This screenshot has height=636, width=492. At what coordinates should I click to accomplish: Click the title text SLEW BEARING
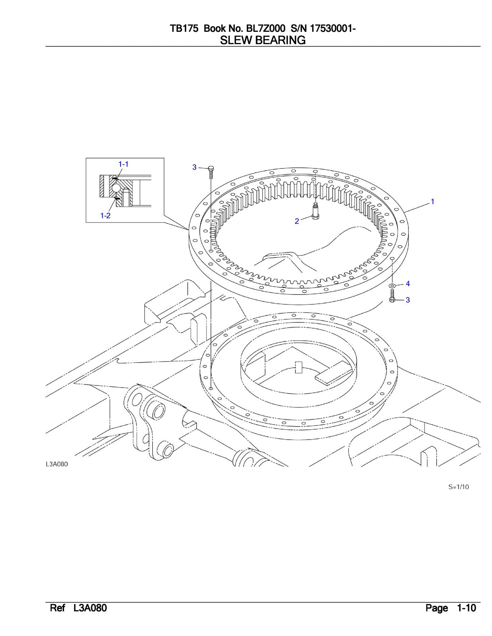click(x=263, y=40)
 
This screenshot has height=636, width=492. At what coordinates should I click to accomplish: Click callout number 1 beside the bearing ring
click(x=432, y=202)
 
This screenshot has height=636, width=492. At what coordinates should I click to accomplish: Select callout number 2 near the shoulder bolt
click(x=297, y=221)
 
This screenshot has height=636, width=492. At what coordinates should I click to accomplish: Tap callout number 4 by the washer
click(x=408, y=284)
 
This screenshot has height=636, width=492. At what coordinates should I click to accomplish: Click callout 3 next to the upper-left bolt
click(x=195, y=167)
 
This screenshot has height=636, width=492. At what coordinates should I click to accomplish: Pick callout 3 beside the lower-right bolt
click(x=408, y=300)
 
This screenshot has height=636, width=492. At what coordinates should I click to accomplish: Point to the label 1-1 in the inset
click(x=123, y=164)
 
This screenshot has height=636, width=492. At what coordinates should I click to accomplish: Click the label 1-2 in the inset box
click(x=105, y=215)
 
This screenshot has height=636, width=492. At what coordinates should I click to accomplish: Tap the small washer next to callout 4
click(x=392, y=285)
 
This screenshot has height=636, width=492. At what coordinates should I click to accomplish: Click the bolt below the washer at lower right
click(x=392, y=296)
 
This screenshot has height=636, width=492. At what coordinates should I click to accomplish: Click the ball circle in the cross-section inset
click(x=115, y=187)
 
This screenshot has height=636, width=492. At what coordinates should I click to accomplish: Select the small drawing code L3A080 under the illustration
click(x=57, y=464)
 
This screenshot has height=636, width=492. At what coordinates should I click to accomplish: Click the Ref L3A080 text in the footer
click(x=78, y=609)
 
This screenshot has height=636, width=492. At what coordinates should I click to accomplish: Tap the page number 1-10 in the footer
click(x=466, y=609)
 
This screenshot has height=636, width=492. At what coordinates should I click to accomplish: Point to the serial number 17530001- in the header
click(x=333, y=29)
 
